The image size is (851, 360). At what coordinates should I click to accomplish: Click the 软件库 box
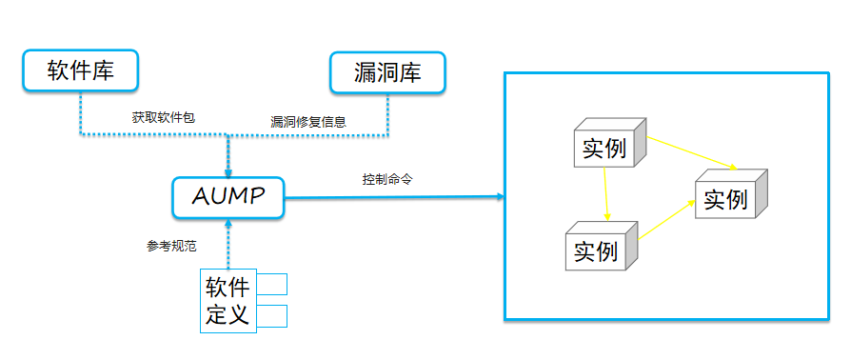[x=80, y=71]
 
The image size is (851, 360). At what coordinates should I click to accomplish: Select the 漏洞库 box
[x=386, y=72]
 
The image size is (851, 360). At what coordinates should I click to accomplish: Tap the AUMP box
[x=228, y=197]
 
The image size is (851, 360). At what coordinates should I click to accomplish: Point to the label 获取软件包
[x=164, y=119]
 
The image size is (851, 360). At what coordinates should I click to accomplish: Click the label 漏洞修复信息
[x=307, y=122]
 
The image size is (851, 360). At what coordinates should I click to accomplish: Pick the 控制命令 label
[x=386, y=179]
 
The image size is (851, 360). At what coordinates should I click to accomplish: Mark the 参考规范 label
[x=171, y=246]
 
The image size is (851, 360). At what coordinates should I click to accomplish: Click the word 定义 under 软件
[x=228, y=315]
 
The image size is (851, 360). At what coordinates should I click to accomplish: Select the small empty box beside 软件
[x=272, y=285]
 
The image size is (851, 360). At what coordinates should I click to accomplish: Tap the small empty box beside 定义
[x=272, y=316]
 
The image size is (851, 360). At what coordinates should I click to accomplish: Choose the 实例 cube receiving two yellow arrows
[x=730, y=196]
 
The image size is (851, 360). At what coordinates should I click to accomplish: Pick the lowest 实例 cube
[x=601, y=249]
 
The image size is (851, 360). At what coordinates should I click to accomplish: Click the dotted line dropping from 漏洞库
[x=387, y=114]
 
